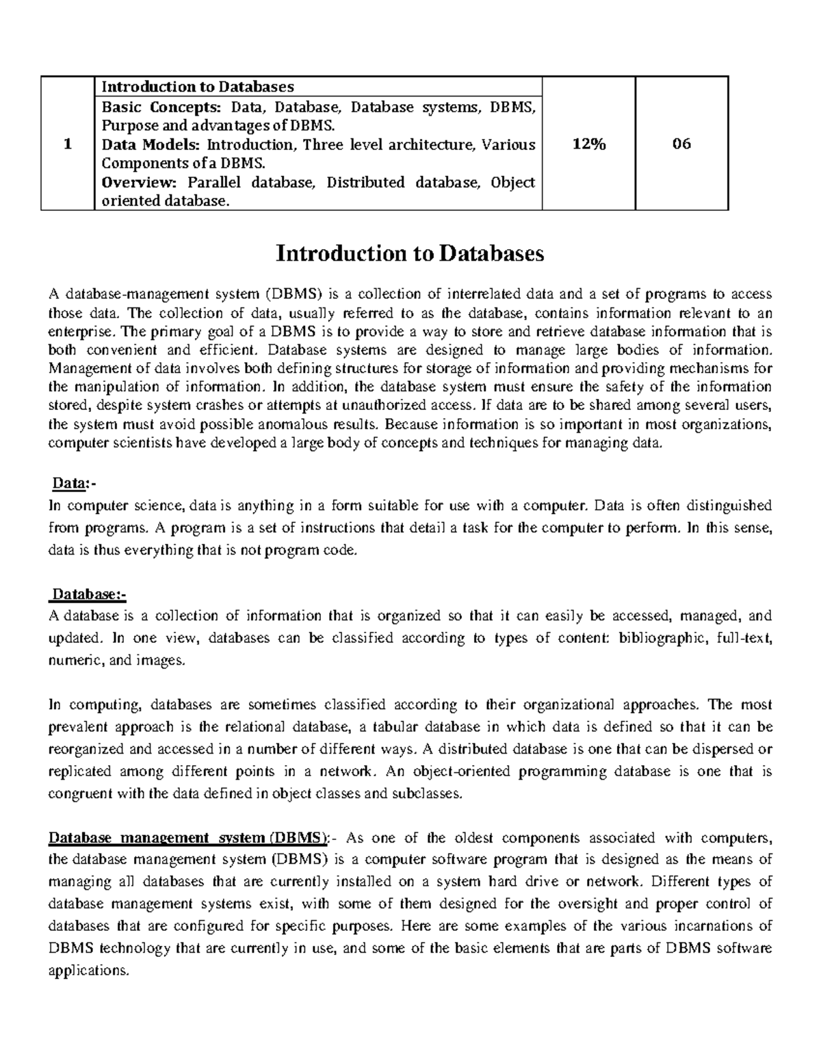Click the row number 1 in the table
(x=67, y=144)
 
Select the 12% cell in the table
(x=588, y=144)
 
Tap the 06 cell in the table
(x=681, y=144)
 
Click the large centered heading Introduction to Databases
(x=410, y=254)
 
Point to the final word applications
(x=88, y=971)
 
